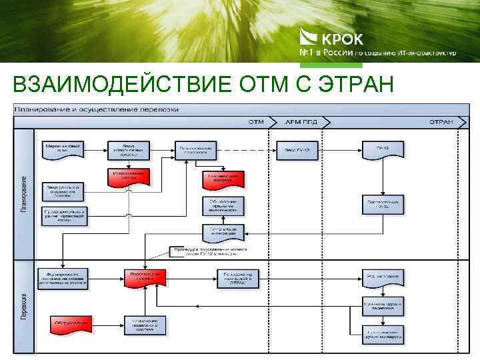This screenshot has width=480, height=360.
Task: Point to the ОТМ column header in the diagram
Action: tap(256, 122)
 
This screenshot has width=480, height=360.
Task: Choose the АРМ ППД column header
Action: tap(298, 122)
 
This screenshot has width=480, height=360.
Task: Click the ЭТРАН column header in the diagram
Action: tap(441, 122)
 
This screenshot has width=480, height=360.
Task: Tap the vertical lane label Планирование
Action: tap(23, 194)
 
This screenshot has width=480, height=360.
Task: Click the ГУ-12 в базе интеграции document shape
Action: tap(223, 231)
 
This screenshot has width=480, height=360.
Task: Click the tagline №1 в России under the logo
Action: tap(323, 52)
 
